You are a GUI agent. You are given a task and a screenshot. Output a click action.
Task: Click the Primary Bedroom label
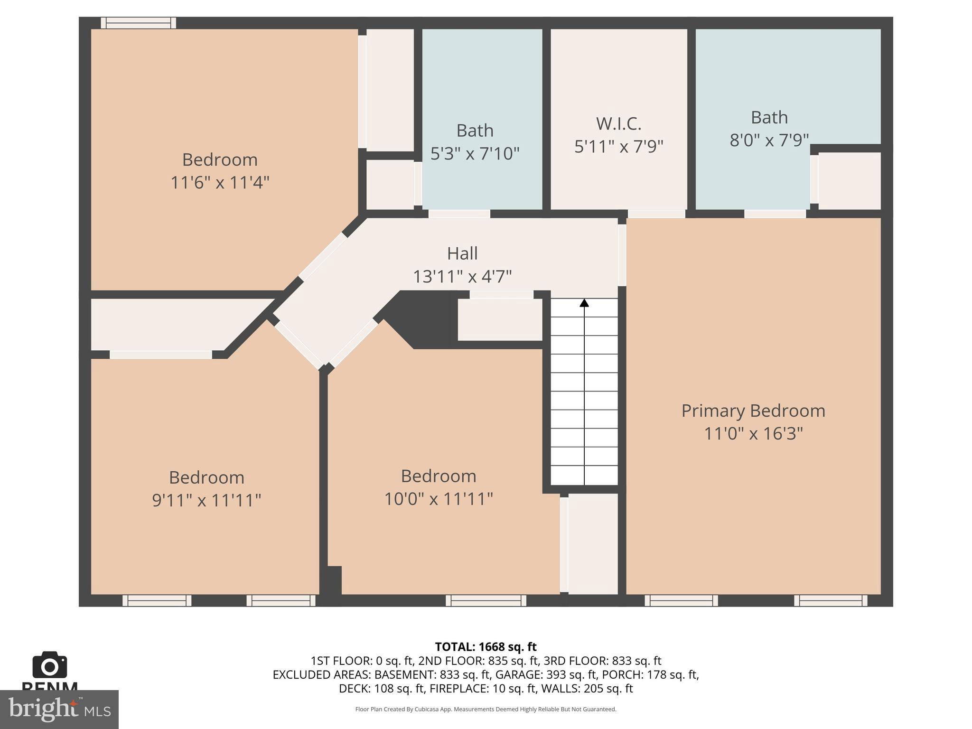(x=753, y=411)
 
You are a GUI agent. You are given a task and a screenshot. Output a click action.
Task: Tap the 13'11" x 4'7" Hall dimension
(x=462, y=277)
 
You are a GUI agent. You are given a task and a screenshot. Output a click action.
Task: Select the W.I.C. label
(x=618, y=124)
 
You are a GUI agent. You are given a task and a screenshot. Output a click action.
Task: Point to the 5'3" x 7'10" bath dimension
(x=475, y=154)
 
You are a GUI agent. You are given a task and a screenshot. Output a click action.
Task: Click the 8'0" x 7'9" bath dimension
(x=769, y=140)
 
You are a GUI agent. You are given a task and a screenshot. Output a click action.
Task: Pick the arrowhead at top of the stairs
(x=584, y=303)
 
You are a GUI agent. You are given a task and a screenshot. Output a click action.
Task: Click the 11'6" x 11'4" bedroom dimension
(x=220, y=183)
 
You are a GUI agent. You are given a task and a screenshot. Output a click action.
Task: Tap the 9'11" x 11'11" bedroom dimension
(x=206, y=501)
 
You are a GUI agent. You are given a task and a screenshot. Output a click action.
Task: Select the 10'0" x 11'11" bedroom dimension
(x=438, y=499)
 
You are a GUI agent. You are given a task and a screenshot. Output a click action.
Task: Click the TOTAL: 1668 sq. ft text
(x=486, y=647)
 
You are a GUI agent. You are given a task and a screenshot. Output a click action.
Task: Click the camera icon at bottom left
(x=49, y=665)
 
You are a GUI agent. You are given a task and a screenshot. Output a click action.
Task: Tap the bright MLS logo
(x=59, y=709)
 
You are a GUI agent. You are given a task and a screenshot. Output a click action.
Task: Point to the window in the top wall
(x=138, y=23)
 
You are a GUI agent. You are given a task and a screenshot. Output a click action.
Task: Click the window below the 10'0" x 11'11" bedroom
(x=486, y=601)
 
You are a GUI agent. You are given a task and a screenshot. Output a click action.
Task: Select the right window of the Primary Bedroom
(x=831, y=601)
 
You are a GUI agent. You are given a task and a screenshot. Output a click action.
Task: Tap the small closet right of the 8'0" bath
(x=850, y=181)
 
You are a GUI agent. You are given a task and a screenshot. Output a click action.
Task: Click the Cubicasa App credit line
(x=486, y=710)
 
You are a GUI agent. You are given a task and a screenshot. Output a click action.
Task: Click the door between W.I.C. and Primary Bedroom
(x=656, y=214)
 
